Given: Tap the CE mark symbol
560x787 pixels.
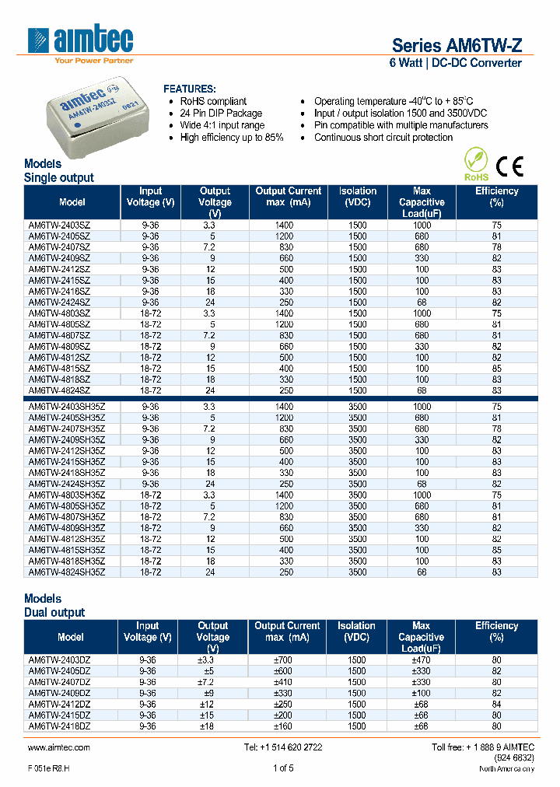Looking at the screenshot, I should click(509, 166).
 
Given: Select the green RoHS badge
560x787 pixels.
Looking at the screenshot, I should click(476, 165).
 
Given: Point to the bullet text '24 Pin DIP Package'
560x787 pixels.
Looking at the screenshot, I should click(222, 114).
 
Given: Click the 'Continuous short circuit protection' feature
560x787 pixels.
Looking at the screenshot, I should click(383, 138).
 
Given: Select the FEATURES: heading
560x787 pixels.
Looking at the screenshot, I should click(190, 89).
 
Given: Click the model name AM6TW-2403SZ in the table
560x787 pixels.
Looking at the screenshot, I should click(59, 225).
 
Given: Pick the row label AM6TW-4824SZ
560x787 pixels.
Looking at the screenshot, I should click(59, 390).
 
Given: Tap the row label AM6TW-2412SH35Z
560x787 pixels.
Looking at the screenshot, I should click(66, 450).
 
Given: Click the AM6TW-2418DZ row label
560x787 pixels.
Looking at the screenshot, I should click(59, 726).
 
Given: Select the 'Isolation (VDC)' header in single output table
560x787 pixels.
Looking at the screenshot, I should click(357, 196).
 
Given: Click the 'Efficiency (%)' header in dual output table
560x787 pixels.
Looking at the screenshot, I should click(496, 631).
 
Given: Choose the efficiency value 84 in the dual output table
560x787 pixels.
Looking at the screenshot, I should click(496, 704).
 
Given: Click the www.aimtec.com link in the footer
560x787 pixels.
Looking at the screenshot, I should click(58, 747).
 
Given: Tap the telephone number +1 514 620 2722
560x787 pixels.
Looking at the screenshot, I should click(283, 747).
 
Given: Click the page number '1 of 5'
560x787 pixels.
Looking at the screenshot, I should click(283, 768).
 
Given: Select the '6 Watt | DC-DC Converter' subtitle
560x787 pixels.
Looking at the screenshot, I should click(455, 63).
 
